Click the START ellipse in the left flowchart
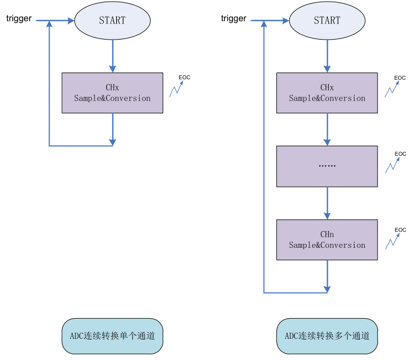pos(112,20)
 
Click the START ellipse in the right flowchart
pos(327,20)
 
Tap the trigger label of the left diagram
pos(19,18)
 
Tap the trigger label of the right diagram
pos(233,18)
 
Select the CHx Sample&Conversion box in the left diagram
pos(112,93)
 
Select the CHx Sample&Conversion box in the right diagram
pos(327,93)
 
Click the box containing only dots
pos(327,166)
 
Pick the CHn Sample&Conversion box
pos(327,240)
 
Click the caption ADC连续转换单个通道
pos(112,336)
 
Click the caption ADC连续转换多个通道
pos(327,336)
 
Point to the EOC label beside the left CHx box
pos(184,77)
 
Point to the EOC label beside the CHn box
pos(400,230)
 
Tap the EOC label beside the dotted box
pos(400,153)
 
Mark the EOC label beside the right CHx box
pos(400,78)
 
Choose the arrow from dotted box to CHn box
pos(327,203)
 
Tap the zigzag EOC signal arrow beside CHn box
pos(393,242)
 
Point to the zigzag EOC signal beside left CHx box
pos(177,89)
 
